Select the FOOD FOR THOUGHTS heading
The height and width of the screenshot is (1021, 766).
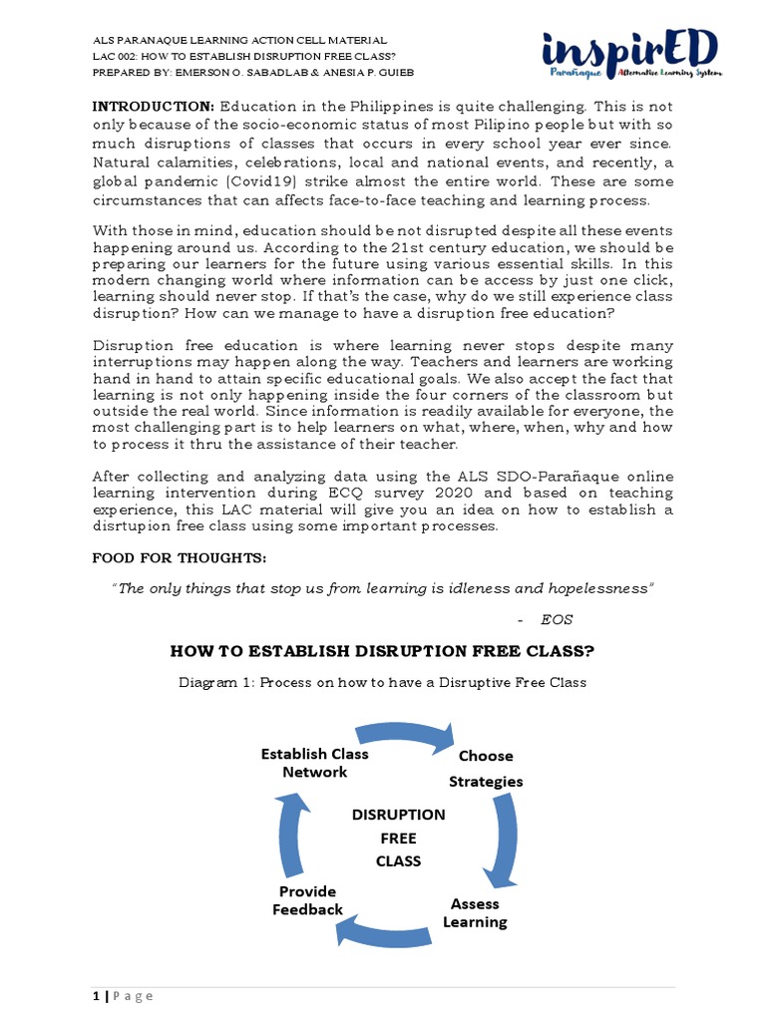tap(180, 555)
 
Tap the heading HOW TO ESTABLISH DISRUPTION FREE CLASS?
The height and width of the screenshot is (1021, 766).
tap(382, 651)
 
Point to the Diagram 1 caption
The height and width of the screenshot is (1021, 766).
tap(382, 682)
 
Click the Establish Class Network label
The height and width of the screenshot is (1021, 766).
tap(314, 763)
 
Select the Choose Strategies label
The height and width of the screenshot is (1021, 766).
tap(486, 769)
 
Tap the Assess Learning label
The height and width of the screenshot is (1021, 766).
tap(475, 912)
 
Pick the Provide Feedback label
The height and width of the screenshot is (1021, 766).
tap(307, 899)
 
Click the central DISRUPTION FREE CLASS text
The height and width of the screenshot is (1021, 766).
tap(399, 838)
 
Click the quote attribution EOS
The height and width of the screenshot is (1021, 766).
tap(557, 619)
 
